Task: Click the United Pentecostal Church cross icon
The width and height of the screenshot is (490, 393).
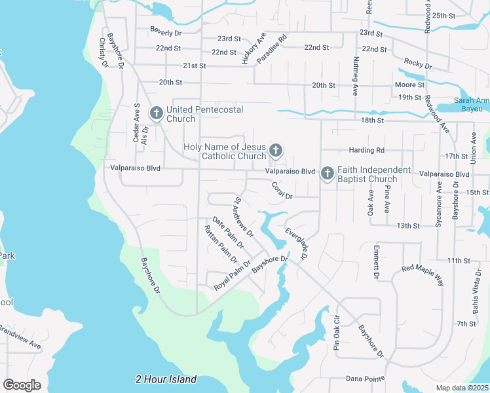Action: click(156, 113)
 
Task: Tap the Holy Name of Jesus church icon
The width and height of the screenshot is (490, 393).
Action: click(276, 151)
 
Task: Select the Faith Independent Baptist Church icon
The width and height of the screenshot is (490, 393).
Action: click(326, 174)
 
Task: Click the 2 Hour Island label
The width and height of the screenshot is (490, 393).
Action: click(166, 379)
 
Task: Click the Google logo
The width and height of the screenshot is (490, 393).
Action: click(22, 384)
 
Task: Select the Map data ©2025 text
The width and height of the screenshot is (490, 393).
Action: click(462, 388)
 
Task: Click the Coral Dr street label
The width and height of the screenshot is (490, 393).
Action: click(282, 191)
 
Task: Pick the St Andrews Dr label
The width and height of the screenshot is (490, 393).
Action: click(244, 217)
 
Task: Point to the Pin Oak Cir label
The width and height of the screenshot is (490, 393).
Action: click(337, 335)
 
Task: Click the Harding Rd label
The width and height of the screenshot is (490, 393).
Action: click(366, 150)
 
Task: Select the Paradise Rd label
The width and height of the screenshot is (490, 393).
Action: click(272, 49)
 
